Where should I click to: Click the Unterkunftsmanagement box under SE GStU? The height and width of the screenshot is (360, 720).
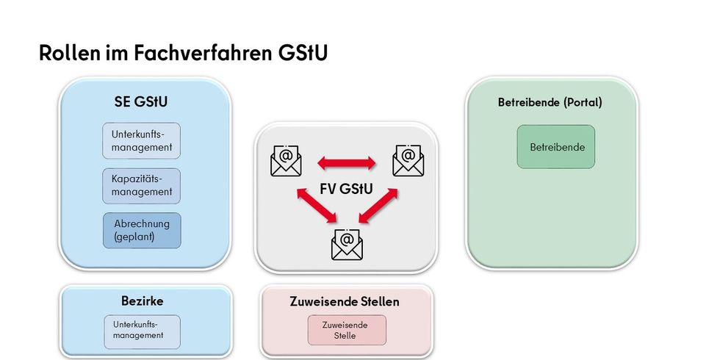point(141,141)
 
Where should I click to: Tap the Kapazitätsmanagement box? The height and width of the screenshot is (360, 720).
point(141,186)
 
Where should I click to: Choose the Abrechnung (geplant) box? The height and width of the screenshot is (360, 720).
point(141,230)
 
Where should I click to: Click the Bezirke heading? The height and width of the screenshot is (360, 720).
point(142,301)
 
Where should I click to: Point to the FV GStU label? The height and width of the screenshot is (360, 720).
point(346,189)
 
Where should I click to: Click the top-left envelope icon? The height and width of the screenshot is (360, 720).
point(286,161)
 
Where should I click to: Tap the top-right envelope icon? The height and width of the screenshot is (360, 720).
point(408,161)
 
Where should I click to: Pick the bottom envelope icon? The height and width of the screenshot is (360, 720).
point(347,244)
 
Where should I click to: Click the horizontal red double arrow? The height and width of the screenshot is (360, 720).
point(346,161)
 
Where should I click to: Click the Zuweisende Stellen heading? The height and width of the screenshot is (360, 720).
point(345,302)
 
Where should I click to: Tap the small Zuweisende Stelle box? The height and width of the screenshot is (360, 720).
point(346,330)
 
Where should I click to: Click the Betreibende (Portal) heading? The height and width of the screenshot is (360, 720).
point(550,102)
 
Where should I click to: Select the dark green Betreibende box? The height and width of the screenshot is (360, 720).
point(555,147)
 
